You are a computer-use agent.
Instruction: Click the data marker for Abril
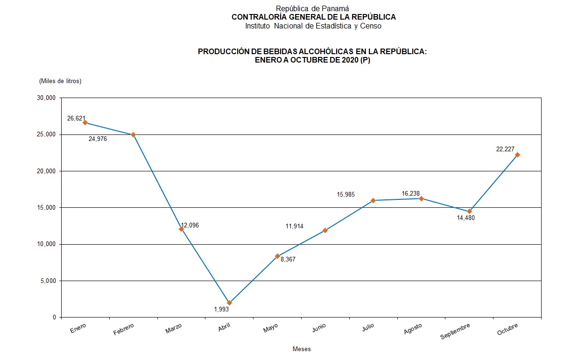pos(229,303)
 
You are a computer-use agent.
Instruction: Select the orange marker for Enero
pos(85,122)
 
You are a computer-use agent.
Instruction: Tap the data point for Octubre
pos(517,155)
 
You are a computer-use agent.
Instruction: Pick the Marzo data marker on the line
pos(181,229)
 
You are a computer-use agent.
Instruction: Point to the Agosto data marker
pos(421,198)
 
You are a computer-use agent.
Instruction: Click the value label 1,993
pos(221,309)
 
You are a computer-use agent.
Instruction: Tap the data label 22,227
pos(505,149)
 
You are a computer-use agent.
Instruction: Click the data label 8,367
pos(288,259)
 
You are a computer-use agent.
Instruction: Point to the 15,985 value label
pos(346,194)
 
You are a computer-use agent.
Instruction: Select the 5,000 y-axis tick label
pos(48,281)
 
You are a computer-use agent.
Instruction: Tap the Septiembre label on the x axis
pos(455,331)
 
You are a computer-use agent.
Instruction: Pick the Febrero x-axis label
pos(123,329)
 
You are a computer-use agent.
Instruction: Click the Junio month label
pos(319,328)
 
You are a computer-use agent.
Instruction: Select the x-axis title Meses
pos(302,349)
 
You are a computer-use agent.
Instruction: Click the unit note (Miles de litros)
pos(61,81)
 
